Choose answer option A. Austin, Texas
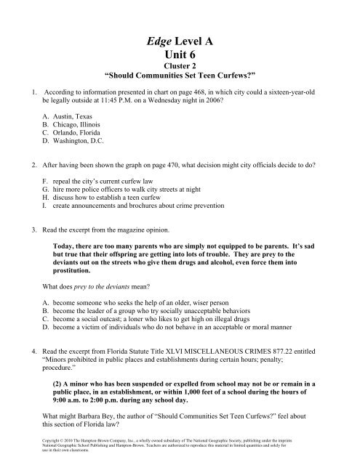tap(69, 116)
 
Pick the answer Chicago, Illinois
tap(73, 125)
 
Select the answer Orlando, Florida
tap(73, 134)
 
